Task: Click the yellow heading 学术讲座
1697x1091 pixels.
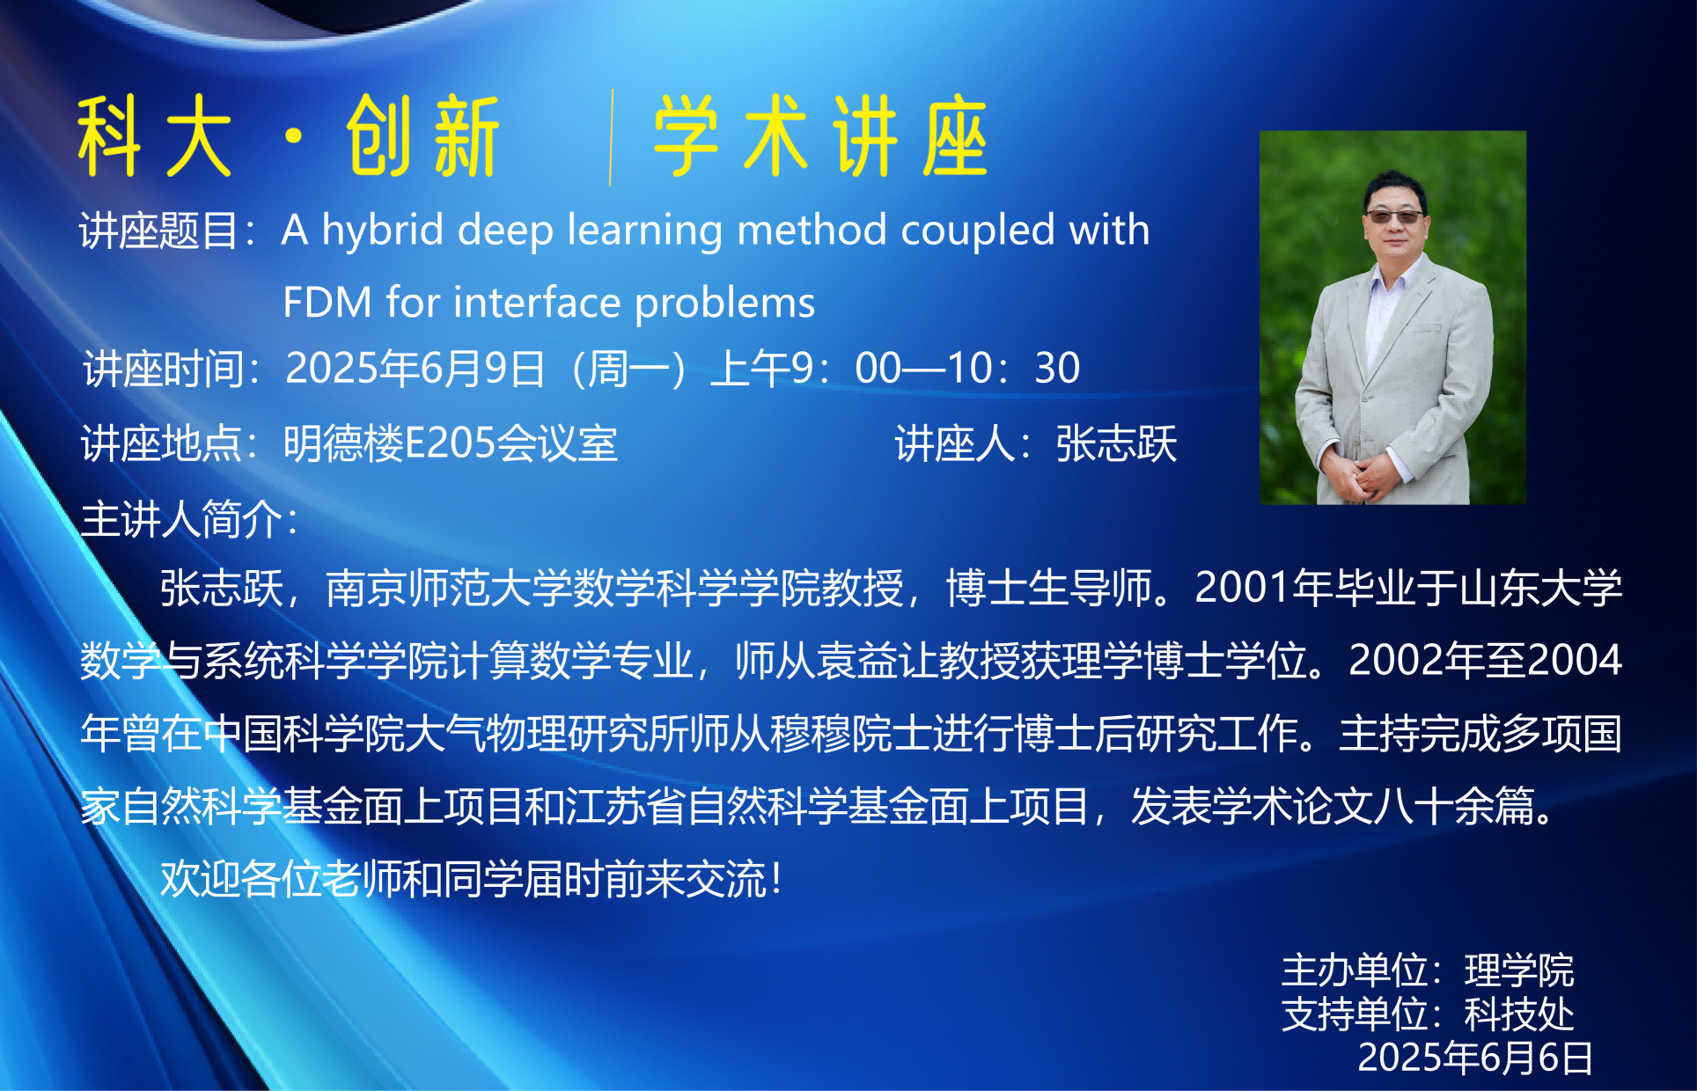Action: pos(820,136)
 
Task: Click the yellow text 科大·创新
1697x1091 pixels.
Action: pos(289,136)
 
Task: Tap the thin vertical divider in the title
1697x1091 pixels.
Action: pos(610,137)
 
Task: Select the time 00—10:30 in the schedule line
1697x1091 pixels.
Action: pos(967,368)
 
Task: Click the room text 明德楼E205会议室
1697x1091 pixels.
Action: pos(451,443)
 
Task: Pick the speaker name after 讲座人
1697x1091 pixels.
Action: pos(1116,443)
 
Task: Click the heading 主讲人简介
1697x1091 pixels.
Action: pos(182,519)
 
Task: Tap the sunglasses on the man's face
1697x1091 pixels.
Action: pos(1393,216)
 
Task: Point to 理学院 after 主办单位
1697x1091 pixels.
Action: pos(1519,970)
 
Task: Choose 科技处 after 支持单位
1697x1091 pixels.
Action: pos(1519,1014)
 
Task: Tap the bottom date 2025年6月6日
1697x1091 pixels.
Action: pos(1475,1058)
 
